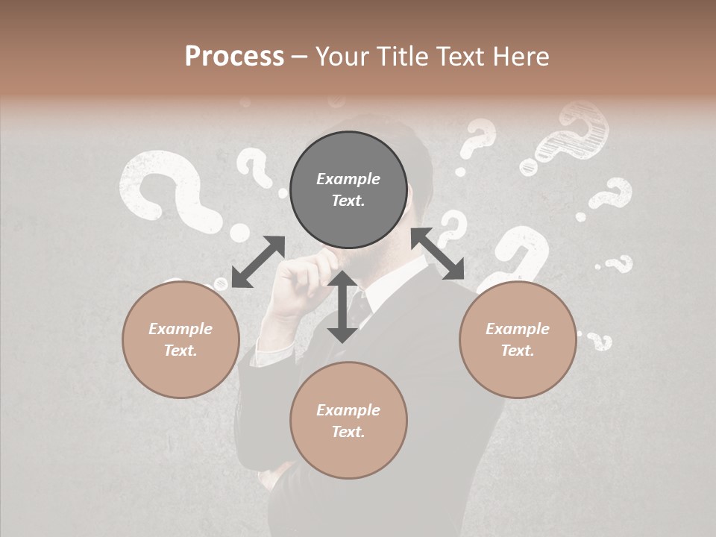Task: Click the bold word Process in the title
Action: coord(234,56)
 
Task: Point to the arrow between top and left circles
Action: coord(258,261)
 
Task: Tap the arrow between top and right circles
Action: coord(438,254)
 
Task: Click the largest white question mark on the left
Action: coord(168,190)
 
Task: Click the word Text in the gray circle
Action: coord(348,201)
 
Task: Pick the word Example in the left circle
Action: coord(180,329)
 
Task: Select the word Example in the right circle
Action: coord(518,329)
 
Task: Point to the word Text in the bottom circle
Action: coord(348,432)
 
